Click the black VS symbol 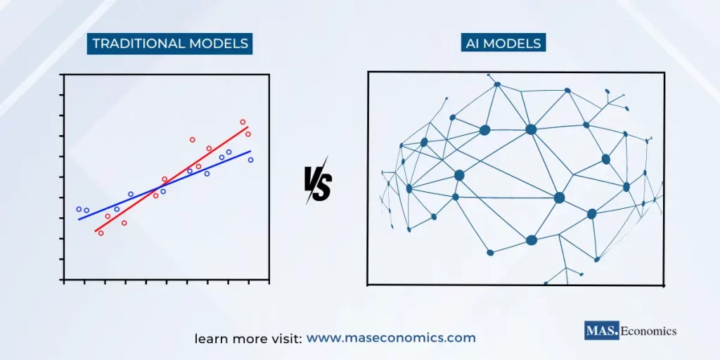click(318, 184)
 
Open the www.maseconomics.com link click(391, 338)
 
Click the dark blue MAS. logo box click(602, 330)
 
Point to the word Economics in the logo click(648, 330)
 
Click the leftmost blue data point click(79, 209)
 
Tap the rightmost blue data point click(250, 160)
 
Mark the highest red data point click(243, 122)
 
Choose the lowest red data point click(101, 233)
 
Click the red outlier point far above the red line click(192, 139)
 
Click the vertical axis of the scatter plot click(64, 176)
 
